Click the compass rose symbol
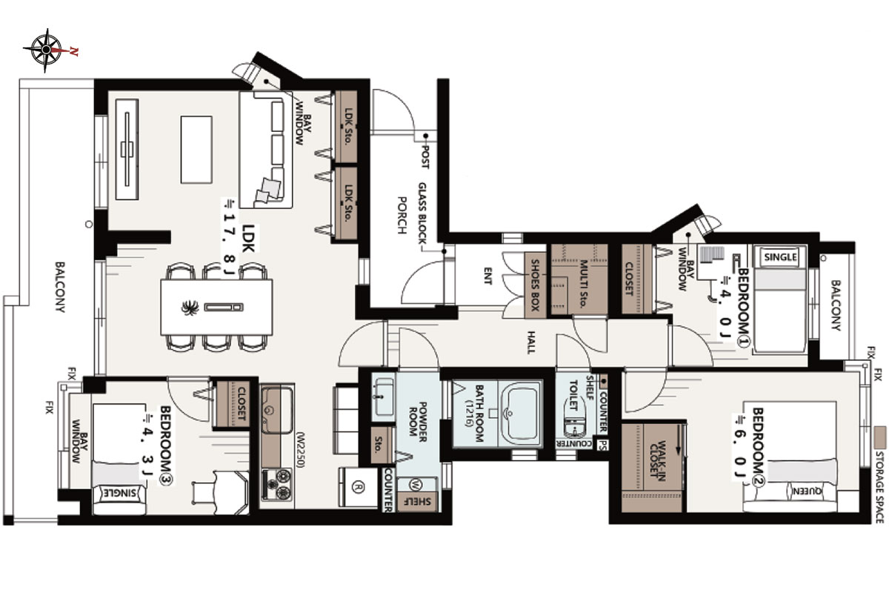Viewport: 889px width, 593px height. click(47, 50)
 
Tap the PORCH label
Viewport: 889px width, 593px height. click(402, 215)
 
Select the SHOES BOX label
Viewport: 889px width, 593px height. click(535, 285)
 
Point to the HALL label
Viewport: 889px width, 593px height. click(531, 342)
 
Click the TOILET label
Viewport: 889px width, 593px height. click(573, 395)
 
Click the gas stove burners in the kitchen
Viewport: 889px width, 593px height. click(277, 485)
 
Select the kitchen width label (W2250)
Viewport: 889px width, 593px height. click(299, 449)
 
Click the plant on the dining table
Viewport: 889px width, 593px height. click(190, 308)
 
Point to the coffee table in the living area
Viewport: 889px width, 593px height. click(196, 150)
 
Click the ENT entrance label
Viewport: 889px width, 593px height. click(487, 276)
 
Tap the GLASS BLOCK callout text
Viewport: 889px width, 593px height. click(423, 213)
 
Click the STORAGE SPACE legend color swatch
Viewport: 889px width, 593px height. click(880, 437)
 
